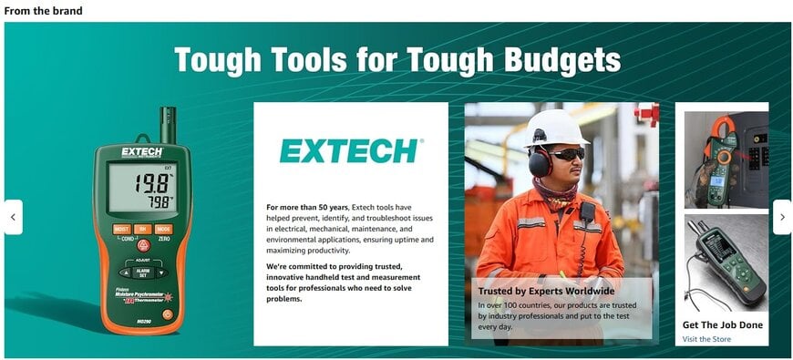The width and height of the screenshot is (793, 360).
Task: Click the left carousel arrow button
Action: [13, 217]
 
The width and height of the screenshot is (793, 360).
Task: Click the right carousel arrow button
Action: [782, 217]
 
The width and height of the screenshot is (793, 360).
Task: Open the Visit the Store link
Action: [706, 339]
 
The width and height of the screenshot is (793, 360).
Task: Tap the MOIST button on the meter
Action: [121, 229]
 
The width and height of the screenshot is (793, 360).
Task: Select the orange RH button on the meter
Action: [142, 229]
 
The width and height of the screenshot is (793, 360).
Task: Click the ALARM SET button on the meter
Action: [142, 272]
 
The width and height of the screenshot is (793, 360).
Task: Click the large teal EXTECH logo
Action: [351, 150]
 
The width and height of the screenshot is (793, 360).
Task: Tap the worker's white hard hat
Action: [556, 127]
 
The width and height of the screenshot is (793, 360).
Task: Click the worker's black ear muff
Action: [539, 162]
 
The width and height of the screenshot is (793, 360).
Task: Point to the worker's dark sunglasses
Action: [567, 155]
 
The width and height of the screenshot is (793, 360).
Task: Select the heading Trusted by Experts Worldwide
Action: [546, 292]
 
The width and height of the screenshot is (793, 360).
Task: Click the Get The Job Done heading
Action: [723, 324]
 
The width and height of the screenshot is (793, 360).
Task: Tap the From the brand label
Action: [43, 11]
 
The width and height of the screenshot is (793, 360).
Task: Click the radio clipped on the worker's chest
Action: [588, 212]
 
